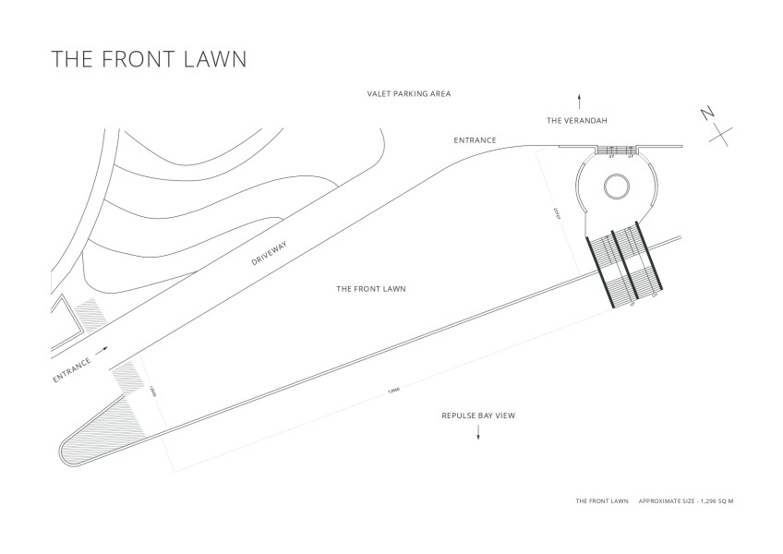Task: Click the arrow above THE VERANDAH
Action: pos(579,98)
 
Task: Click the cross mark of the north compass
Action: pos(722,134)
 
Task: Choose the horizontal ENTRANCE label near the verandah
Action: pos(476,140)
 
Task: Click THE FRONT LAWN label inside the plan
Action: pos(371,289)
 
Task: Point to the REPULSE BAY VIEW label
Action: pos(478,415)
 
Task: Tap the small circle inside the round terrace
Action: pos(616,187)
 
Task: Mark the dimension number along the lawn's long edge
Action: pos(394,390)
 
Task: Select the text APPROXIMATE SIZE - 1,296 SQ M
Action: pos(686,501)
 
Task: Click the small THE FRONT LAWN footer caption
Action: pos(601,501)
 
